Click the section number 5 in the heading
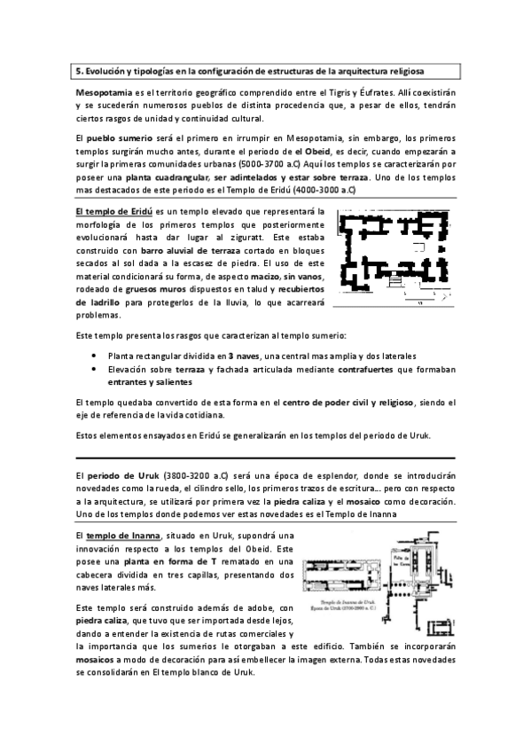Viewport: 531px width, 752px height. (x=79, y=69)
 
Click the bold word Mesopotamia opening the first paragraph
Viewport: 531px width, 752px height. (x=103, y=92)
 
